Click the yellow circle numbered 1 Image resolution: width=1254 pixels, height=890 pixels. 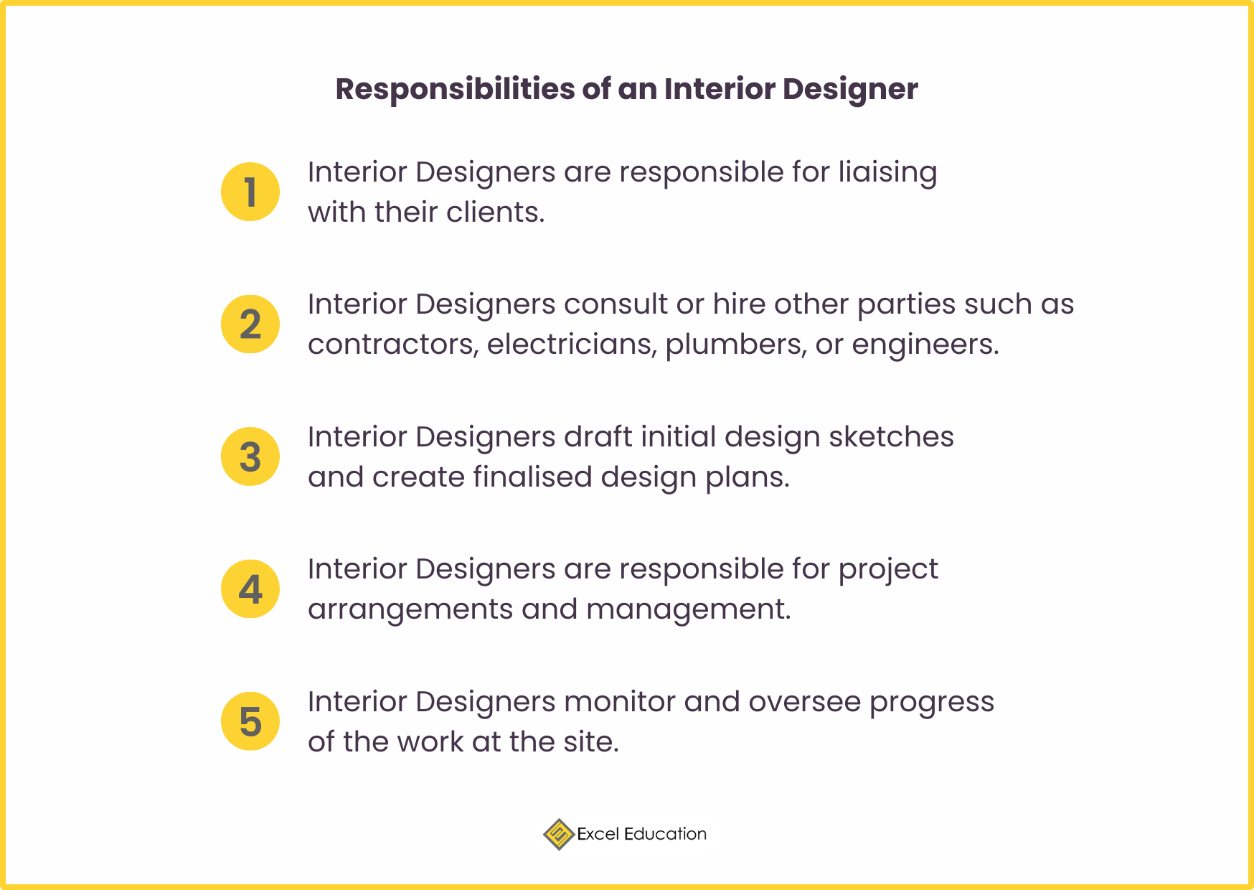[250, 192]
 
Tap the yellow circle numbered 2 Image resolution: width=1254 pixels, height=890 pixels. [250, 324]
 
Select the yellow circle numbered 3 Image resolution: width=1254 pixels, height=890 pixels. [250, 456]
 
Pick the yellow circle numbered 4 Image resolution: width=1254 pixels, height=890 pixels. [250, 589]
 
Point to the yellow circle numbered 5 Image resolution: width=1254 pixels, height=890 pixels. [250, 721]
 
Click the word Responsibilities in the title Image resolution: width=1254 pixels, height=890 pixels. [455, 89]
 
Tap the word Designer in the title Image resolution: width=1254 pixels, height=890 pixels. [849, 89]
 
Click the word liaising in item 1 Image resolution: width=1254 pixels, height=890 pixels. [887, 173]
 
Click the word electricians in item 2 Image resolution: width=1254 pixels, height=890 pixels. [571, 345]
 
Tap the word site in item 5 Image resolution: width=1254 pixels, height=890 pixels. [590, 742]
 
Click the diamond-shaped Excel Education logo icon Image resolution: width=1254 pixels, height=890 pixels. [558, 834]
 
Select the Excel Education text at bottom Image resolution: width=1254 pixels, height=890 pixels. [641, 834]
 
